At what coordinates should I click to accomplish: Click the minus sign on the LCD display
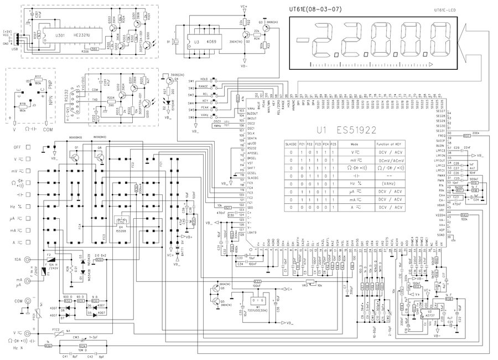[x=302, y=40]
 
